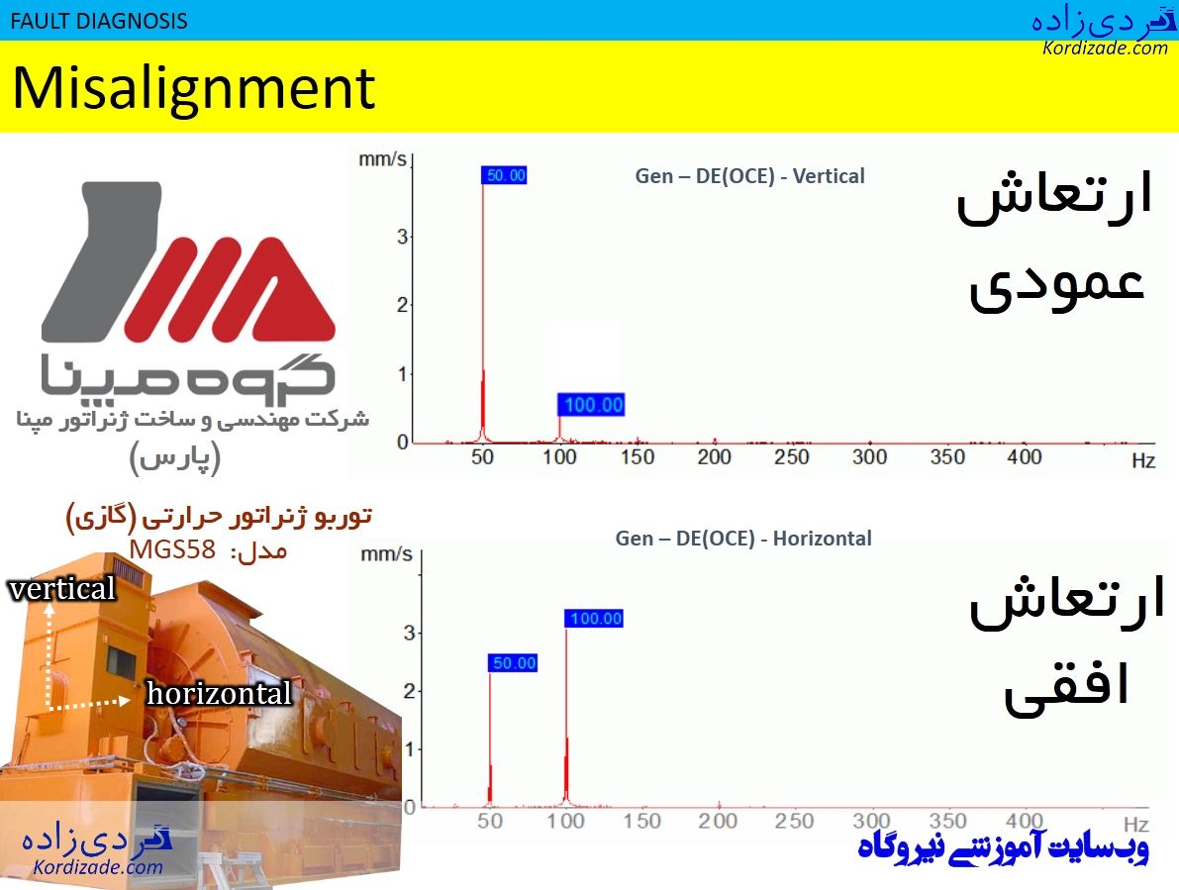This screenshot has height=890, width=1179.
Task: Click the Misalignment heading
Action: pyautogui.click(x=194, y=88)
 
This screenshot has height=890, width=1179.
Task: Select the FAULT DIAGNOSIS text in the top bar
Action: pyautogui.click(x=98, y=20)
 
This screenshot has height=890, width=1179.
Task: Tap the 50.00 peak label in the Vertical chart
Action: pyautogui.click(x=505, y=176)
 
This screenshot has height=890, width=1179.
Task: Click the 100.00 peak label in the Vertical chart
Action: pyautogui.click(x=591, y=404)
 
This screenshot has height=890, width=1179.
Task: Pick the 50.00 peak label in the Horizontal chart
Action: pyautogui.click(x=513, y=663)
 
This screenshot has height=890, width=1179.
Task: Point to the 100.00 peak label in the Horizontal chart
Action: pyautogui.click(x=594, y=619)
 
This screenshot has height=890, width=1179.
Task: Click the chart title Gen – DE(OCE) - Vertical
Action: pyautogui.click(x=749, y=176)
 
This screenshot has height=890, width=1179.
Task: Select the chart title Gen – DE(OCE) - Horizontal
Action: pyautogui.click(x=743, y=539)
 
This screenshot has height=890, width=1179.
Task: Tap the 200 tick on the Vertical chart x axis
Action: pyautogui.click(x=714, y=457)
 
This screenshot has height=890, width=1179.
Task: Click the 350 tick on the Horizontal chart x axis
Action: pyautogui.click(x=948, y=822)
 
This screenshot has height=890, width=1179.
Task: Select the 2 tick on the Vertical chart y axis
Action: pyautogui.click(x=402, y=305)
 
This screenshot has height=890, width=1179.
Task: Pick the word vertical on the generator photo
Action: pyautogui.click(x=61, y=589)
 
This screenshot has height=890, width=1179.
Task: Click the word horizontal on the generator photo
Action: pyautogui.click(x=219, y=694)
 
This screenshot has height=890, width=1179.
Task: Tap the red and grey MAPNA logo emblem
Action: pyautogui.click(x=188, y=262)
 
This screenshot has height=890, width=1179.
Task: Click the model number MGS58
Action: pyautogui.click(x=172, y=549)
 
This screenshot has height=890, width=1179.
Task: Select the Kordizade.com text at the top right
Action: pyautogui.click(x=1105, y=48)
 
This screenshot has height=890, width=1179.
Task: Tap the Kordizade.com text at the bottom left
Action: pyautogui.click(x=97, y=868)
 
